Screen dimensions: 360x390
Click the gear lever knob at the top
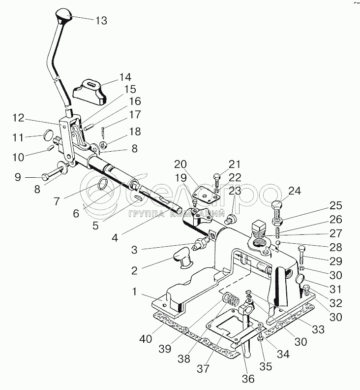[x=64, y=14]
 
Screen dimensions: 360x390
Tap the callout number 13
[x=101, y=20]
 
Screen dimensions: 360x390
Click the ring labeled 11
[x=49, y=134]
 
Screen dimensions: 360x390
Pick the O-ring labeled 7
[x=103, y=184]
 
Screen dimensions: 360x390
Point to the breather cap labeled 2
[x=183, y=259]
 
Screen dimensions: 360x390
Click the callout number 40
[x=146, y=338]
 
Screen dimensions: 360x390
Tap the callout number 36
[x=248, y=378]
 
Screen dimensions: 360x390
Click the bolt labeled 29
[x=300, y=255]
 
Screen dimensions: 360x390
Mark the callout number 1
[x=134, y=291]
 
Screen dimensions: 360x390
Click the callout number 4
[x=115, y=238]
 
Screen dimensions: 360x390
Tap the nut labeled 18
[x=103, y=144]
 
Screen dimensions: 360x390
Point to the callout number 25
[x=336, y=205]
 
